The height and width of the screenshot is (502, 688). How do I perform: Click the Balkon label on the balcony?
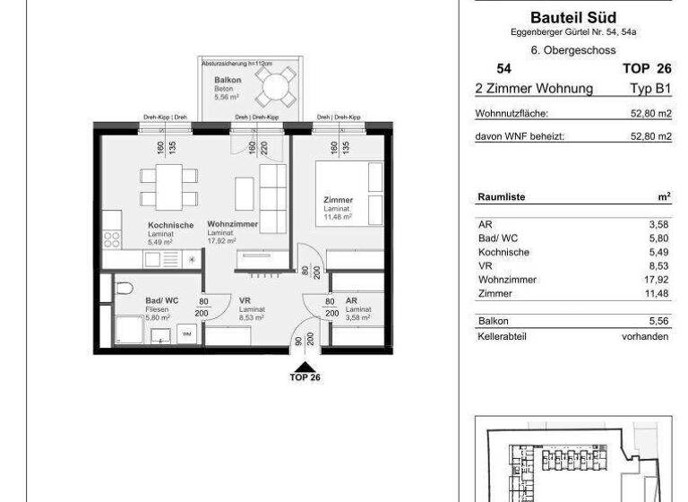coord(223,81)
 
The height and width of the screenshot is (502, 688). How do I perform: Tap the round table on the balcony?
coord(272,86)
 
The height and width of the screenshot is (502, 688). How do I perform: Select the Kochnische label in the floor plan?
coord(170,225)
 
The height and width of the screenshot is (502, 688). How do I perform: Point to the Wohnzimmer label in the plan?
coord(233,223)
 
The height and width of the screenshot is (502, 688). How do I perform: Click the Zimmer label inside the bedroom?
coord(338,200)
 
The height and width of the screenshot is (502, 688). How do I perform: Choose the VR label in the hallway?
coord(245,302)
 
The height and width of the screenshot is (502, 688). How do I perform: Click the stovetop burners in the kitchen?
coord(112,238)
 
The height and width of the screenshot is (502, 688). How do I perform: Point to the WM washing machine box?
coord(187,335)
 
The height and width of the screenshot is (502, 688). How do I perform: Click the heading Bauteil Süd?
coord(572,17)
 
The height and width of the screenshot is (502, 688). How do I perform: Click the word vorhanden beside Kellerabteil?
coord(646,336)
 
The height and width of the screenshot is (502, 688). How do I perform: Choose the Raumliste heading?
coord(502,196)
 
